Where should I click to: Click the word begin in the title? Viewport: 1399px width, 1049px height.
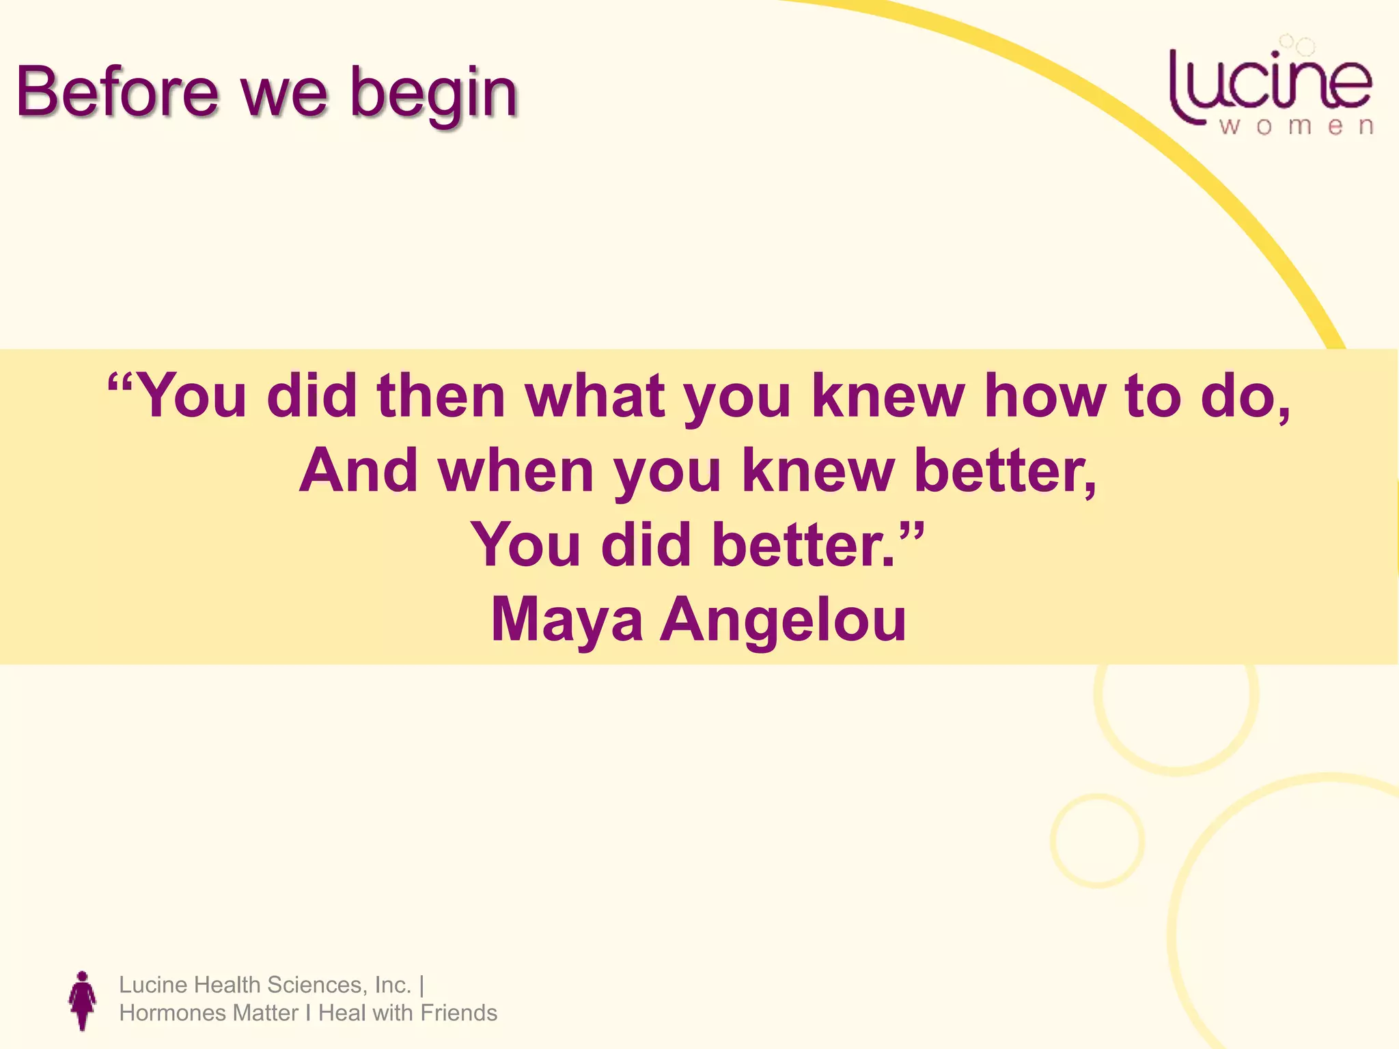point(433,96)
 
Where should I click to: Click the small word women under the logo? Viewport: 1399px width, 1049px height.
point(1296,127)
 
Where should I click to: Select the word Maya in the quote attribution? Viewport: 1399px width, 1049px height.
point(566,620)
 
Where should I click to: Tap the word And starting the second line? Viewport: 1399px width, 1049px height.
point(358,471)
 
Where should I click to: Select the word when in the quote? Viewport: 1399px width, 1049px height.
point(516,471)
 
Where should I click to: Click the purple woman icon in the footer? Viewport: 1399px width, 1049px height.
point(83,1000)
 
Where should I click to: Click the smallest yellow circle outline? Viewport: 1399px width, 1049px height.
point(1097,840)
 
